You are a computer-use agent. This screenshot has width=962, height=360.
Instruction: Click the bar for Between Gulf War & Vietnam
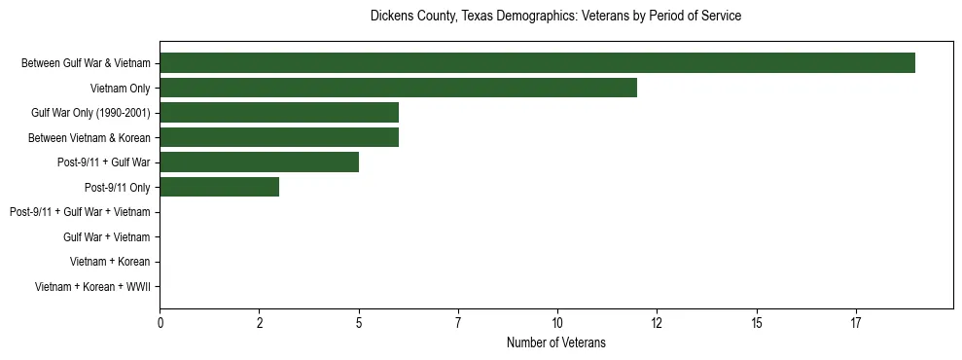point(537,63)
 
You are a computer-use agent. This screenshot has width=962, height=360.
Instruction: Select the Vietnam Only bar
point(398,88)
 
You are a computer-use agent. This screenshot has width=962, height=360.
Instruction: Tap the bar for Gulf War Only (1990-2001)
point(279,112)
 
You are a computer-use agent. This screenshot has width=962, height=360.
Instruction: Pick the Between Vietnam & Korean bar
point(279,137)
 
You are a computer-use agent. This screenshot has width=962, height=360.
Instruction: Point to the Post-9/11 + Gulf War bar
point(259,162)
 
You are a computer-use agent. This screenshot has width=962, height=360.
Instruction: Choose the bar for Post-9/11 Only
point(219,187)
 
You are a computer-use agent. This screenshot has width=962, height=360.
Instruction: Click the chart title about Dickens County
point(555,17)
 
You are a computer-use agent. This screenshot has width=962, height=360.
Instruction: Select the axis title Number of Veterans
point(555,342)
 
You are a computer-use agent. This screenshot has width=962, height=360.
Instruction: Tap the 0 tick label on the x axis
point(160,323)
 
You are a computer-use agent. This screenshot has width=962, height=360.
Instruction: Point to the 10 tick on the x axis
point(557,323)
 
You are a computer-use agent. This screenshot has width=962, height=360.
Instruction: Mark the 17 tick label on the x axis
point(856,323)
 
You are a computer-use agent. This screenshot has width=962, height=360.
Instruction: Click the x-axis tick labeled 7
point(458,323)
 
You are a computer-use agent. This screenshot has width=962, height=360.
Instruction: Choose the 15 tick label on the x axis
point(757,323)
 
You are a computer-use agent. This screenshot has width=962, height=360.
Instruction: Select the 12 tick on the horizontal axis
point(657,323)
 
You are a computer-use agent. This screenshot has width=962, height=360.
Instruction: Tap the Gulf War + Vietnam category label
point(106,236)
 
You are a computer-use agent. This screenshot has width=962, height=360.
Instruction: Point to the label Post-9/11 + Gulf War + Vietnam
point(80,212)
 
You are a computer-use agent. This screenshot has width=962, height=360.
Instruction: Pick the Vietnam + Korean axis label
point(110,262)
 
